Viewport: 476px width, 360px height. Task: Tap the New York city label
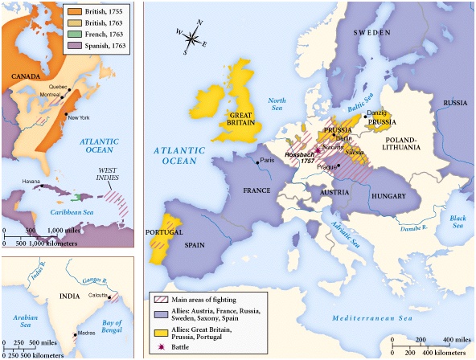pyautogui.click(x=78, y=118)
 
